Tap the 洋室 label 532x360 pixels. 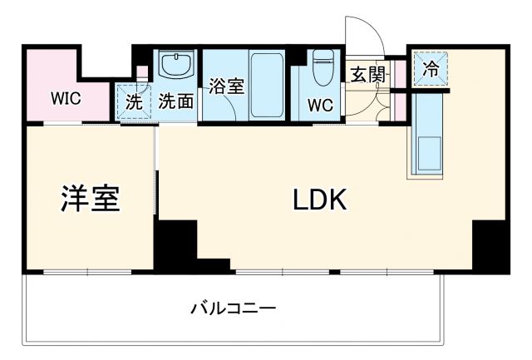(x=91, y=198)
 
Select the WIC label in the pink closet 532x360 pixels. (x=65, y=98)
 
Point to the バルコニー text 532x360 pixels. (x=233, y=308)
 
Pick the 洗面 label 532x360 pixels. (x=176, y=101)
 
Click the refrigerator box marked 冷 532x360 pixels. (x=431, y=67)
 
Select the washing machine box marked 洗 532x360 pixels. (x=134, y=101)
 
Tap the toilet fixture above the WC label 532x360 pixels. (x=322, y=68)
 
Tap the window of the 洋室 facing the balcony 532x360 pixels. (x=87, y=271)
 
